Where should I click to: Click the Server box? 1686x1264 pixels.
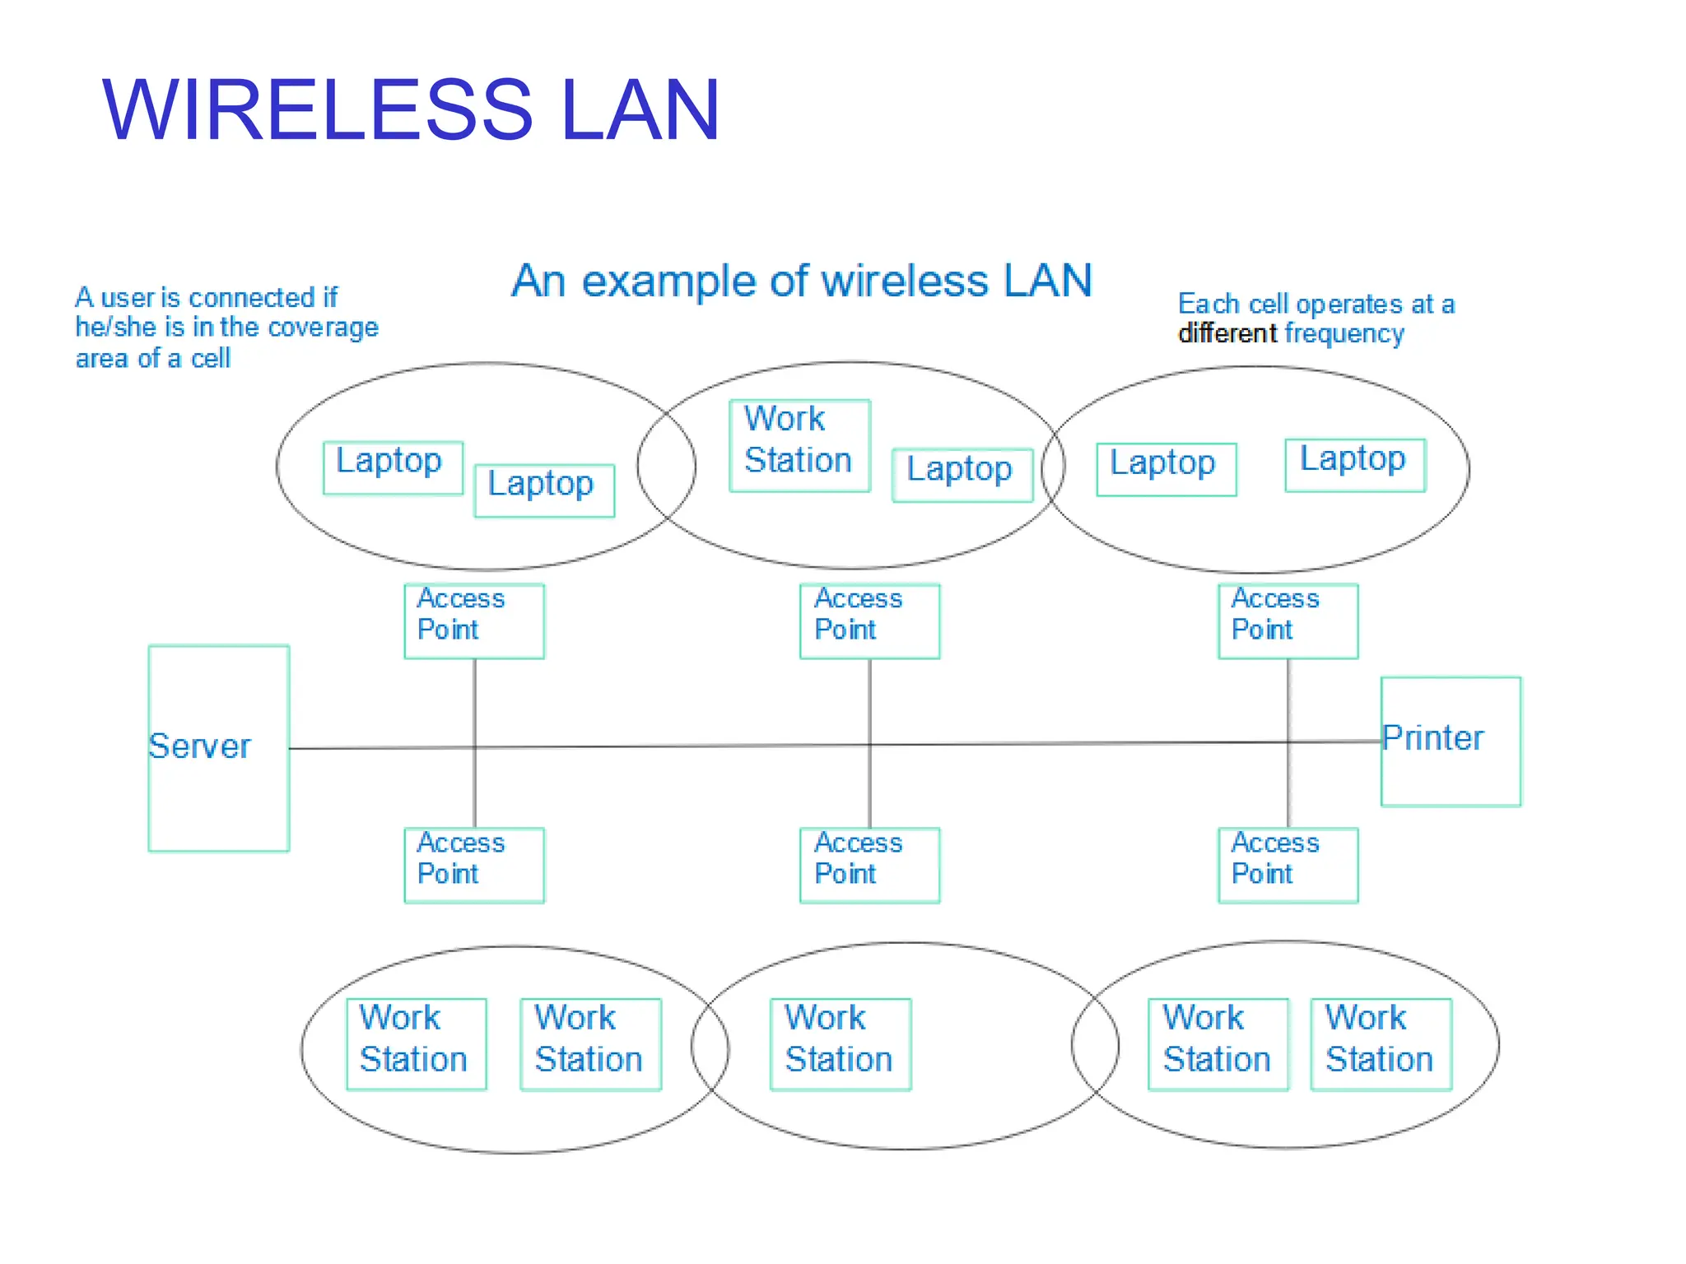tap(218, 747)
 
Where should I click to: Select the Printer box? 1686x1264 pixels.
tap(1451, 741)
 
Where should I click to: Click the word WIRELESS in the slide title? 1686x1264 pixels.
tap(317, 109)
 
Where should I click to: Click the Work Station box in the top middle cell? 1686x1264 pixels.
tap(799, 445)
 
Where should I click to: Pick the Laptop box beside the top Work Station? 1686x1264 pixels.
tap(962, 474)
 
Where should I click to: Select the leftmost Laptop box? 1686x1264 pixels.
tap(393, 467)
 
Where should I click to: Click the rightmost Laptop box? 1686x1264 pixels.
tap(1355, 464)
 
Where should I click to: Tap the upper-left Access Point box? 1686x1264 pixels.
tap(474, 620)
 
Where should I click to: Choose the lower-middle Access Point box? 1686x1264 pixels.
tap(869, 864)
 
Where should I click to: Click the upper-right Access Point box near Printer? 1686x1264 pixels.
tap(1288, 620)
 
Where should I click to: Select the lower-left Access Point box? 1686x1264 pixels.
tap(474, 864)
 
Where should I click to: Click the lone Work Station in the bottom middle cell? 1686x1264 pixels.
tap(841, 1043)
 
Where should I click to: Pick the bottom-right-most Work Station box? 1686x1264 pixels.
tap(1381, 1043)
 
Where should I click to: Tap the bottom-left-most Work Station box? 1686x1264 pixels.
tap(416, 1043)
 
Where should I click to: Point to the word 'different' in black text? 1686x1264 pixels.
tap(1227, 333)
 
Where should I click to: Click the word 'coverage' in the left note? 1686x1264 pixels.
tap(324, 328)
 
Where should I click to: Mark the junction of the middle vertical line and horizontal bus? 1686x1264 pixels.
tap(869, 745)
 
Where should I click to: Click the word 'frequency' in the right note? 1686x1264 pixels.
tap(1344, 334)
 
